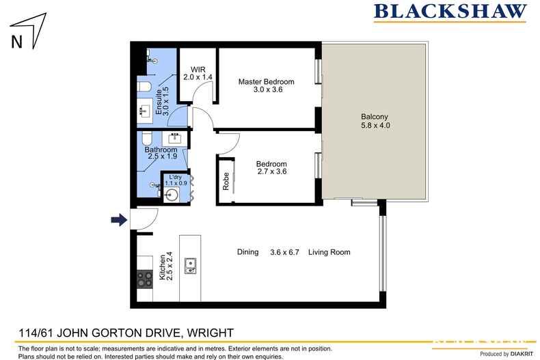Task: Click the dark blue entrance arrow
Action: point(119,219)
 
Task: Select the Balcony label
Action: point(373,116)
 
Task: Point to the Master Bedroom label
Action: point(260,81)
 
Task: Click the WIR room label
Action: point(198,68)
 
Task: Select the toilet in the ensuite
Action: point(143,86)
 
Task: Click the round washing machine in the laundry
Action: point(172,194)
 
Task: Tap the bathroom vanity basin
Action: point(174,136)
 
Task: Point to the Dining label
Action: point(247,252)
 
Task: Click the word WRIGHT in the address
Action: point(208,333)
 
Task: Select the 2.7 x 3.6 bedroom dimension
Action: point(271,173)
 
